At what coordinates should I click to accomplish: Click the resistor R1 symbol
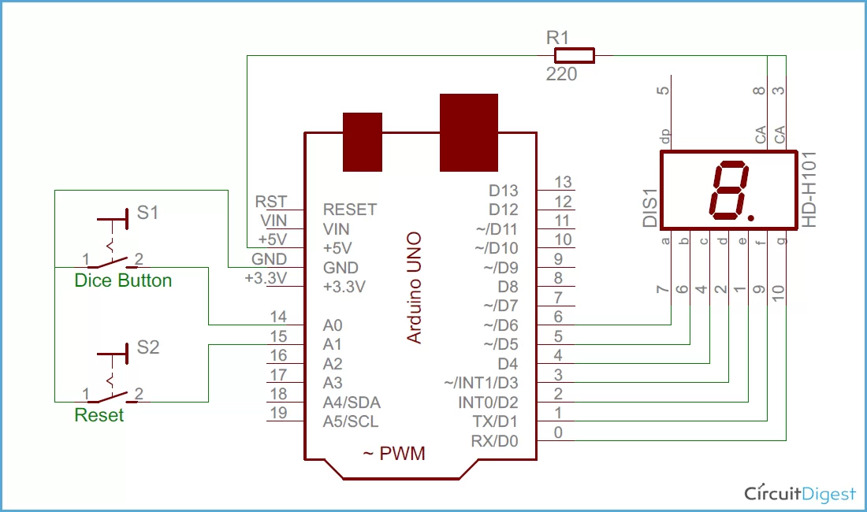[x=574, y=55]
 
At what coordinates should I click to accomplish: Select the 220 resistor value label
[x=561, y=75]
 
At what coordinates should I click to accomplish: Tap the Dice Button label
[x=123, y=280]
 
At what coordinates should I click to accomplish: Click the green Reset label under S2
[x=99, y=415]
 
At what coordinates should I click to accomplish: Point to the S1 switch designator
[x=148, y=213]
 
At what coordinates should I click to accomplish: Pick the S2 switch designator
[x=148, y=347]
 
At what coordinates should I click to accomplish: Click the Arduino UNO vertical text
[x=414, y=288]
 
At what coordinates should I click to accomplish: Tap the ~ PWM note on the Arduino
[x=393, y=454]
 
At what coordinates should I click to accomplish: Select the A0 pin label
[x=333, y=325]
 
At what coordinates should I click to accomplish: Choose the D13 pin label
[x=504, y=191]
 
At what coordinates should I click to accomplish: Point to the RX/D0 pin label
[x=494, y=441]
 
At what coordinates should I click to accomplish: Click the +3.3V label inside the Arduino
[x=344, y=287]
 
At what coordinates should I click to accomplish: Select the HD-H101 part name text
[x=810, y=190]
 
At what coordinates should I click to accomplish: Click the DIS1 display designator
[x=649, y=209]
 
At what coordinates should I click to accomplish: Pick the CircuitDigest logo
[x=800, y=494]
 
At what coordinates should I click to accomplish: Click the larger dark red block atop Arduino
[x=469, y=132]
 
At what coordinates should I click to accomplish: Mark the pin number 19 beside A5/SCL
[x=278, y=413]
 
